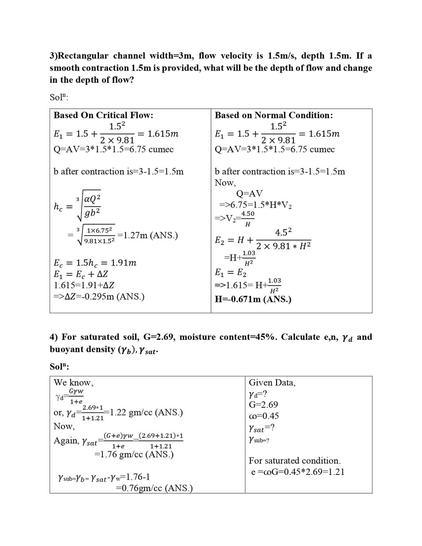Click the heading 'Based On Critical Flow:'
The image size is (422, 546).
point(103,115)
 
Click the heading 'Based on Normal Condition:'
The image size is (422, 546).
point(274,115)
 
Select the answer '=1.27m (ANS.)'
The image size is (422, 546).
point(148,235)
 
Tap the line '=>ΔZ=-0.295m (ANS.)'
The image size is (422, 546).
point(99,296)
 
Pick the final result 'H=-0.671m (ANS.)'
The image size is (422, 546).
point(253,299)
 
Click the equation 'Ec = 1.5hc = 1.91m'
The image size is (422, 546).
point(95,263)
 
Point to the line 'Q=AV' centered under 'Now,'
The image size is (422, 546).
point(250,194)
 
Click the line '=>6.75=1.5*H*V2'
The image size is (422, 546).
point(256,205)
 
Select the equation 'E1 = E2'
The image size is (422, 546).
point(231,273)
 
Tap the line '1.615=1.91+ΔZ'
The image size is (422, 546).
point(84,285)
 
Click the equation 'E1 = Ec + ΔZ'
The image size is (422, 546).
point(81,274)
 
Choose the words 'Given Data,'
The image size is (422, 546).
point(272,383)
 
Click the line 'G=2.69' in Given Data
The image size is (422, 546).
point(263,405)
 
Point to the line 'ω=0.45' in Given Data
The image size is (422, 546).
point(264,416)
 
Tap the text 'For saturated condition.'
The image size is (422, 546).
point(295,461)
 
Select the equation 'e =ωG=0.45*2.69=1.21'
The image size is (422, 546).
point(298,472)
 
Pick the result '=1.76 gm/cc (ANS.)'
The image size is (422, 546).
point(134,454)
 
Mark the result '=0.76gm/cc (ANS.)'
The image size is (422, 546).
point(154,488)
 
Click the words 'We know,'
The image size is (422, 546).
point(73,383)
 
